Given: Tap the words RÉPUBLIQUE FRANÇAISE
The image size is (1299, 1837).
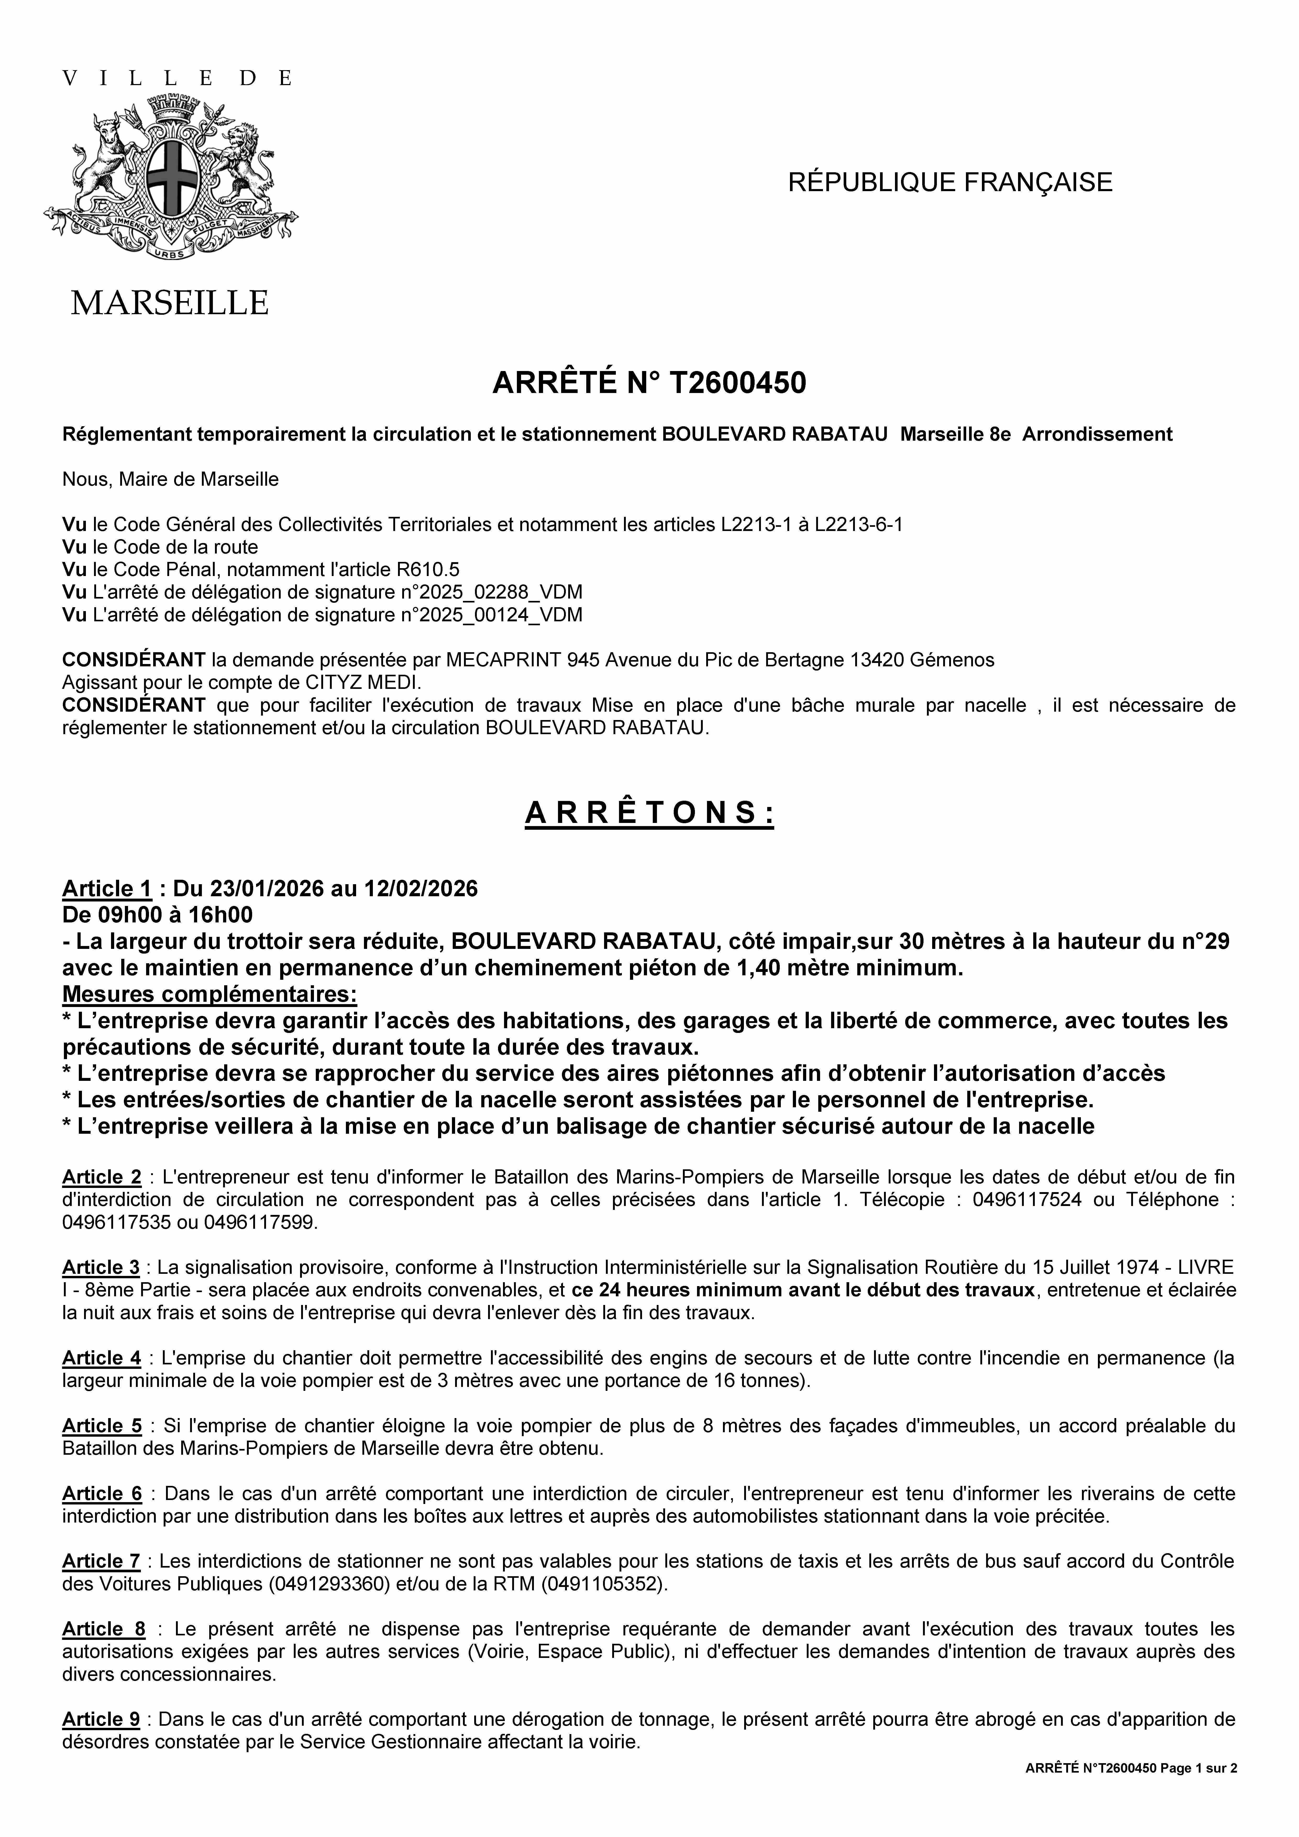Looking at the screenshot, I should point(950,182).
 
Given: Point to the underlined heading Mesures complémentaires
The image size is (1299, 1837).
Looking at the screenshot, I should point(210,994).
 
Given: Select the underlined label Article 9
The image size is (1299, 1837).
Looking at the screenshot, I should point(101,1719).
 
